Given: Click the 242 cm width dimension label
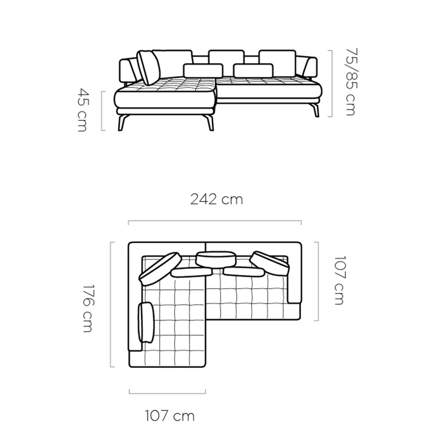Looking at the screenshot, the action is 216,200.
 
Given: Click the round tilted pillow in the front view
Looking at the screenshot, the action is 149,67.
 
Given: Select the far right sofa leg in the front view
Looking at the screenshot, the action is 315,110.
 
